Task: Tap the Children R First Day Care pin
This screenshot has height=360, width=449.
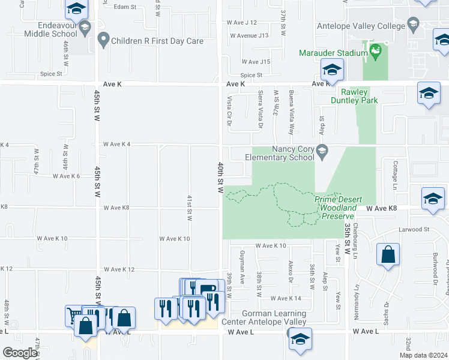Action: pos(103,41)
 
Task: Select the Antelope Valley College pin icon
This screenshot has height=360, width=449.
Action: pos(413,25)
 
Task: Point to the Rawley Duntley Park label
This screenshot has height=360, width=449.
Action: pos(359,96)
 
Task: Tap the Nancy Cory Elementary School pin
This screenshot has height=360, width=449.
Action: pos(322,150)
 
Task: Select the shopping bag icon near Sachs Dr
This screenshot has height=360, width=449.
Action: pos(388,254)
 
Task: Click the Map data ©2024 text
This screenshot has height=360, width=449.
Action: pos(423,355)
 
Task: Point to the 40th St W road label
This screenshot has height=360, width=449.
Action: pos(221,177)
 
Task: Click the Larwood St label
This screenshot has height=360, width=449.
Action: pos(415,229)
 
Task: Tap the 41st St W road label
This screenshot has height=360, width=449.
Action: pos(190,208)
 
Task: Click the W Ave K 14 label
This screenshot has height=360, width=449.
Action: pos(286,298)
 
